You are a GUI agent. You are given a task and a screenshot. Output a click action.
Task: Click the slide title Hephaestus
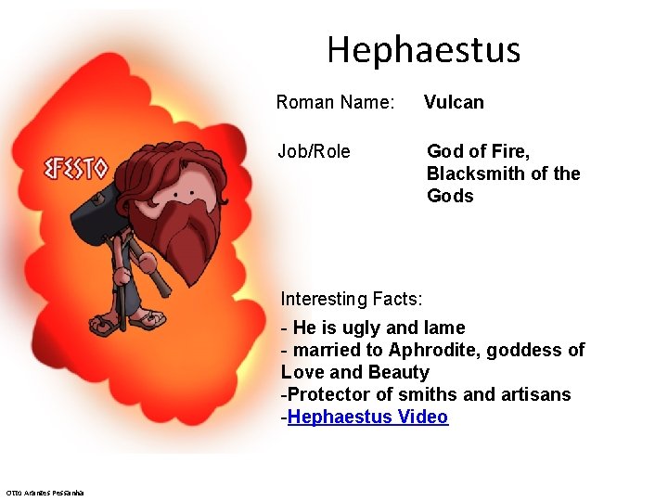pyautogui.click(x=423, y=49)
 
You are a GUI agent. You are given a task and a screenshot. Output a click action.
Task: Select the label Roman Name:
pyautogui.click(x=336, y=102)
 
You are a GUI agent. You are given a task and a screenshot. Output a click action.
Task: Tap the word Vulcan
pyautogui.click(x=454, y=102)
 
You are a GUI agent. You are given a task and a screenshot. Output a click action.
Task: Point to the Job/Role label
pyautogui.click(x=314, y=151)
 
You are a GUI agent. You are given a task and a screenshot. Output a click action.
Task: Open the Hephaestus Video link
pyautogui.click(x=368, y=417)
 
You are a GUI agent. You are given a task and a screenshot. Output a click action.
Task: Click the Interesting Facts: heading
pyautogui.click(x=352, y=299)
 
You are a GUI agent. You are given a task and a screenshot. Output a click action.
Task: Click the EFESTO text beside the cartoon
pyautogui.click(x=76, y=169)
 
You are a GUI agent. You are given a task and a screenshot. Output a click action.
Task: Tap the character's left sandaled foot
pyautogui.click(x=104, y=326)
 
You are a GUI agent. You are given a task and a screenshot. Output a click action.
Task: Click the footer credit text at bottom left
pyautogui.click(x=45, y=492)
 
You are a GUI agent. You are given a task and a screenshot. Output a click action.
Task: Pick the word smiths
pyautogui.click(x=426, y=394)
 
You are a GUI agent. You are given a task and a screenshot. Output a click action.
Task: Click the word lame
pyautogui.click(x=444, y=328)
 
